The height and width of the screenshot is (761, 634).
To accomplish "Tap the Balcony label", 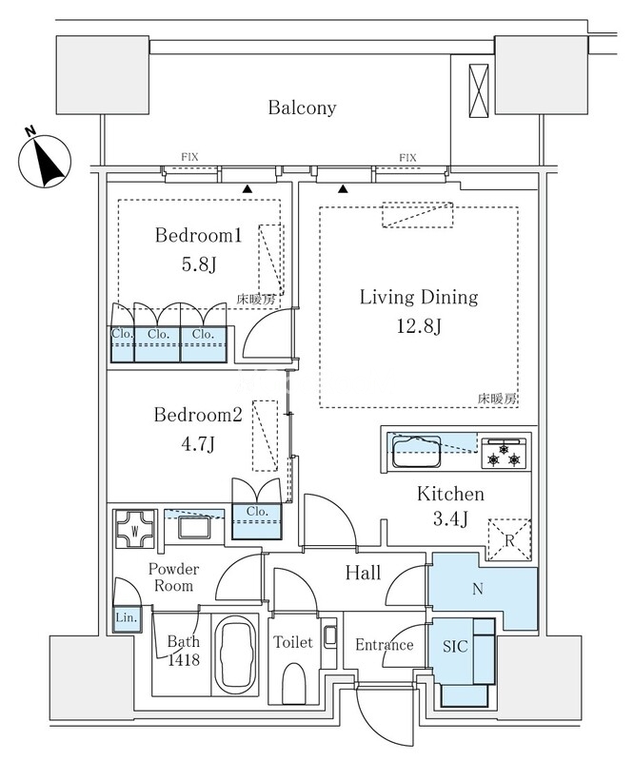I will [x=302, y=107].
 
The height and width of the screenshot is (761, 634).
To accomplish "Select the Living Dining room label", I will [x=418, y=298].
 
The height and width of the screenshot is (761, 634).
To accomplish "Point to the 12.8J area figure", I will [x=418, y=326].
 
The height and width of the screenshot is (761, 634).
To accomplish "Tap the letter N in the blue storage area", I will [x=477, y=588].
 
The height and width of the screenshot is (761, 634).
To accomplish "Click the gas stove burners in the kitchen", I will [x=505, y=453].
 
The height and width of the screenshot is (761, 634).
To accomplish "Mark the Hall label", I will [x=363, y=574].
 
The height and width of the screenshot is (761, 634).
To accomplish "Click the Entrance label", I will [x=384, y=645].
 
